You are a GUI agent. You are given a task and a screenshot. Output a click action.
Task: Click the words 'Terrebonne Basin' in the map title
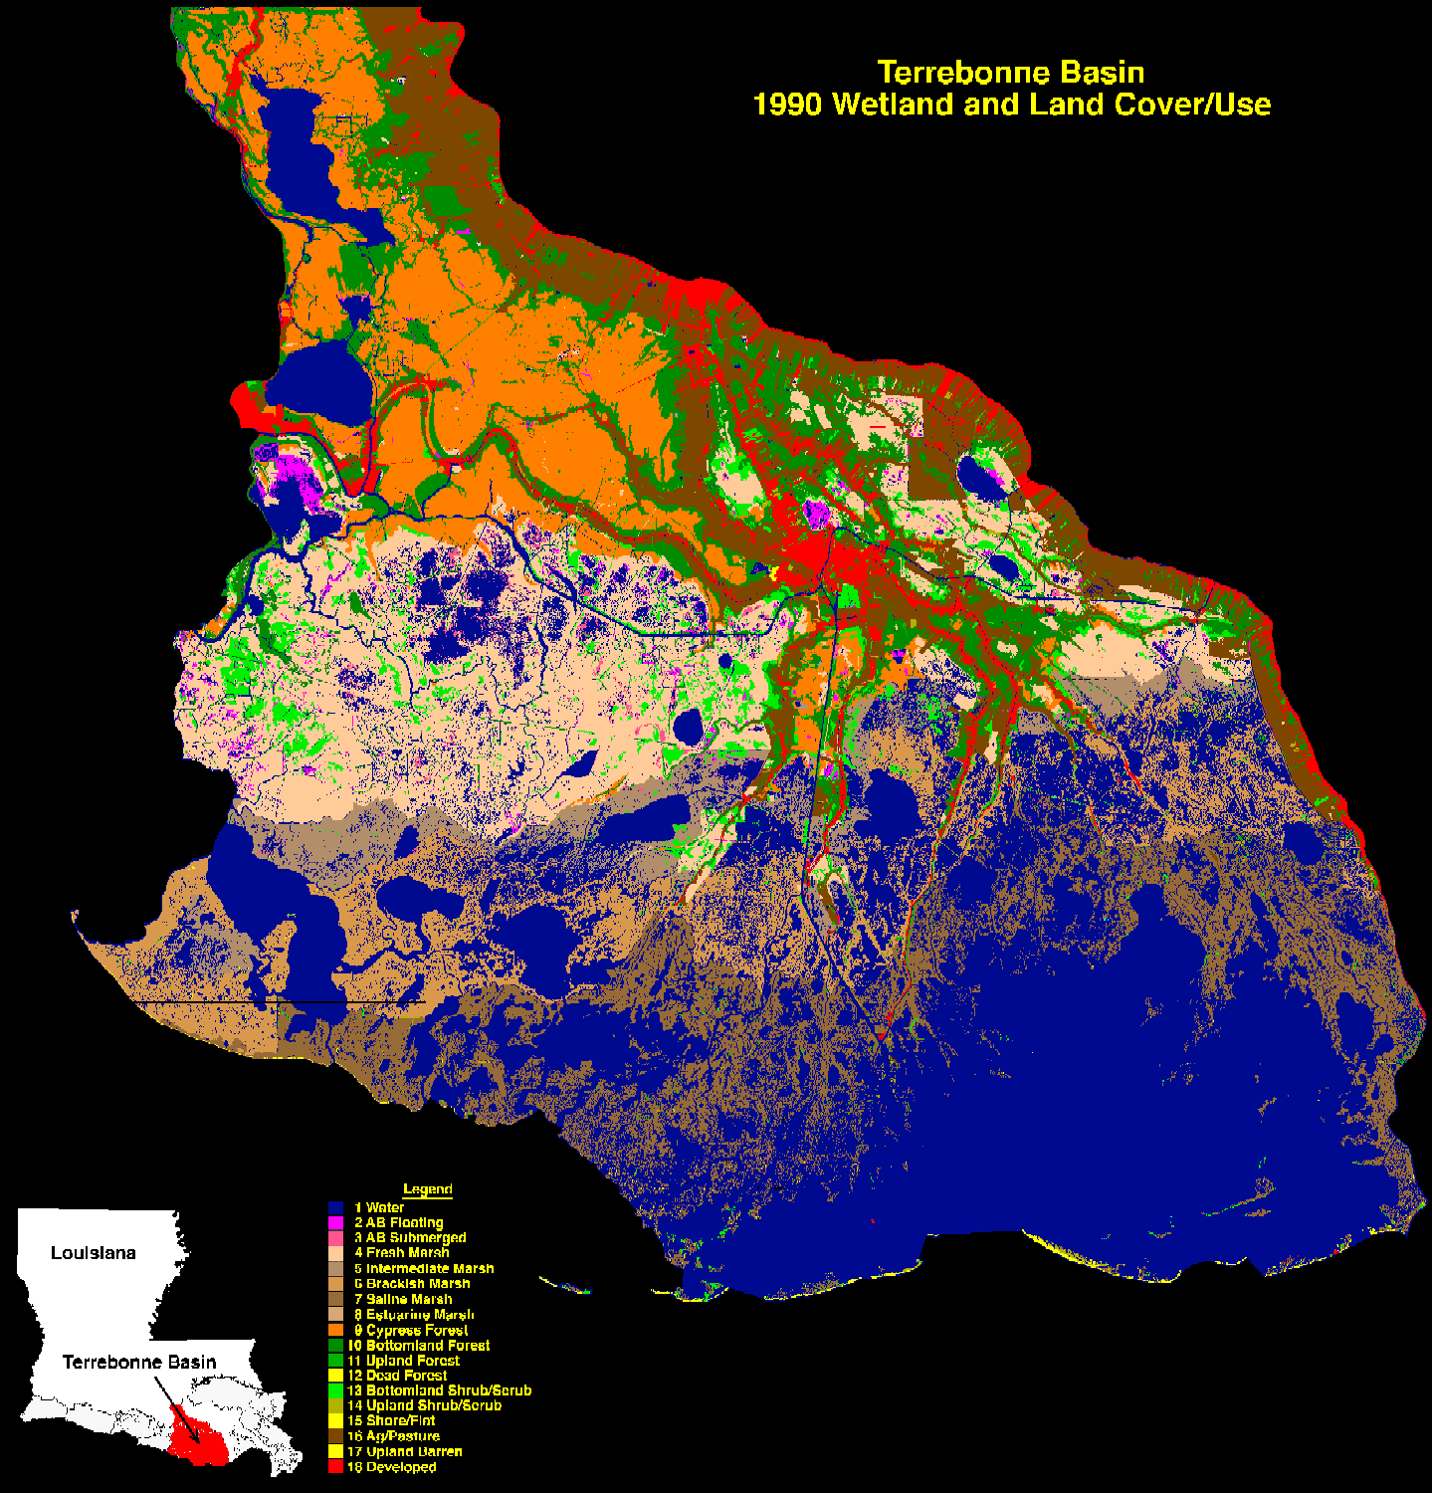click(1010, 73)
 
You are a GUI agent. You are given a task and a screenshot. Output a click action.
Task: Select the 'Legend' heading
click(427, 1189)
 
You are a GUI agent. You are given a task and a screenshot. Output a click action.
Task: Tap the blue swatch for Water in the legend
click(335, 1207)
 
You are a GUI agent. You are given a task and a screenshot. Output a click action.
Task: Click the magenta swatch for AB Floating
click(335, 1222)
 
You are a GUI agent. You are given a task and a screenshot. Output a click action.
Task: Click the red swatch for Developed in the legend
click(335, 1467)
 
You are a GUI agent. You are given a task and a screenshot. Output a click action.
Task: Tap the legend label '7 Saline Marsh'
click(402, 1299)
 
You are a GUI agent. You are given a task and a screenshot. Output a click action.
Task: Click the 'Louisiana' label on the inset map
click(93, 1253)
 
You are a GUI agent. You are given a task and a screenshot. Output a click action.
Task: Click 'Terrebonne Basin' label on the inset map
click(139, 1362)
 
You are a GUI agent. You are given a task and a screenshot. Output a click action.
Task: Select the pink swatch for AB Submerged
click(335, 1237)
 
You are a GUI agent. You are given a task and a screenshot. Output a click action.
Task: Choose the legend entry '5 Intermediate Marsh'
click(423, 1268)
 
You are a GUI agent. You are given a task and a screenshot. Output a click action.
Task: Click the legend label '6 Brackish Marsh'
click(411, 1284)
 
